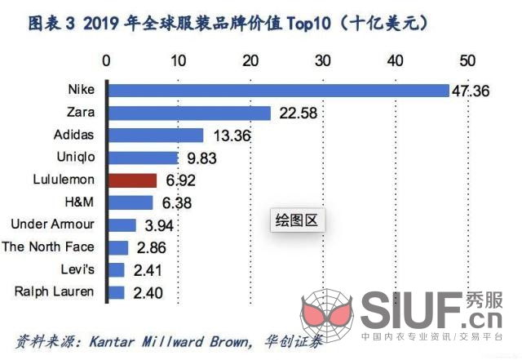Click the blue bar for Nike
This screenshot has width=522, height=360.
(278, 91)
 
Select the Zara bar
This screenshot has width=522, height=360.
(188, 113)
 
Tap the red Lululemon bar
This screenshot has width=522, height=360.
(132, 180)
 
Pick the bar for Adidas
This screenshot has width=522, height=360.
(155, 136)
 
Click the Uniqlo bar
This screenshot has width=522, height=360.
(143, 158)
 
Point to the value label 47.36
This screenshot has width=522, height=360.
(471, 91)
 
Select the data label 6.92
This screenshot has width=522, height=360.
(179, 180)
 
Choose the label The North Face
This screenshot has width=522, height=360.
(49, 247)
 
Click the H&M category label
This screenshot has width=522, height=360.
(80, 202)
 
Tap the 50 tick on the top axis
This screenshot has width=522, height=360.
(467, 60)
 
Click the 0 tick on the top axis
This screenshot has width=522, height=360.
(107, 60)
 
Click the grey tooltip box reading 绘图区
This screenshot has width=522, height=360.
(298, 220)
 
